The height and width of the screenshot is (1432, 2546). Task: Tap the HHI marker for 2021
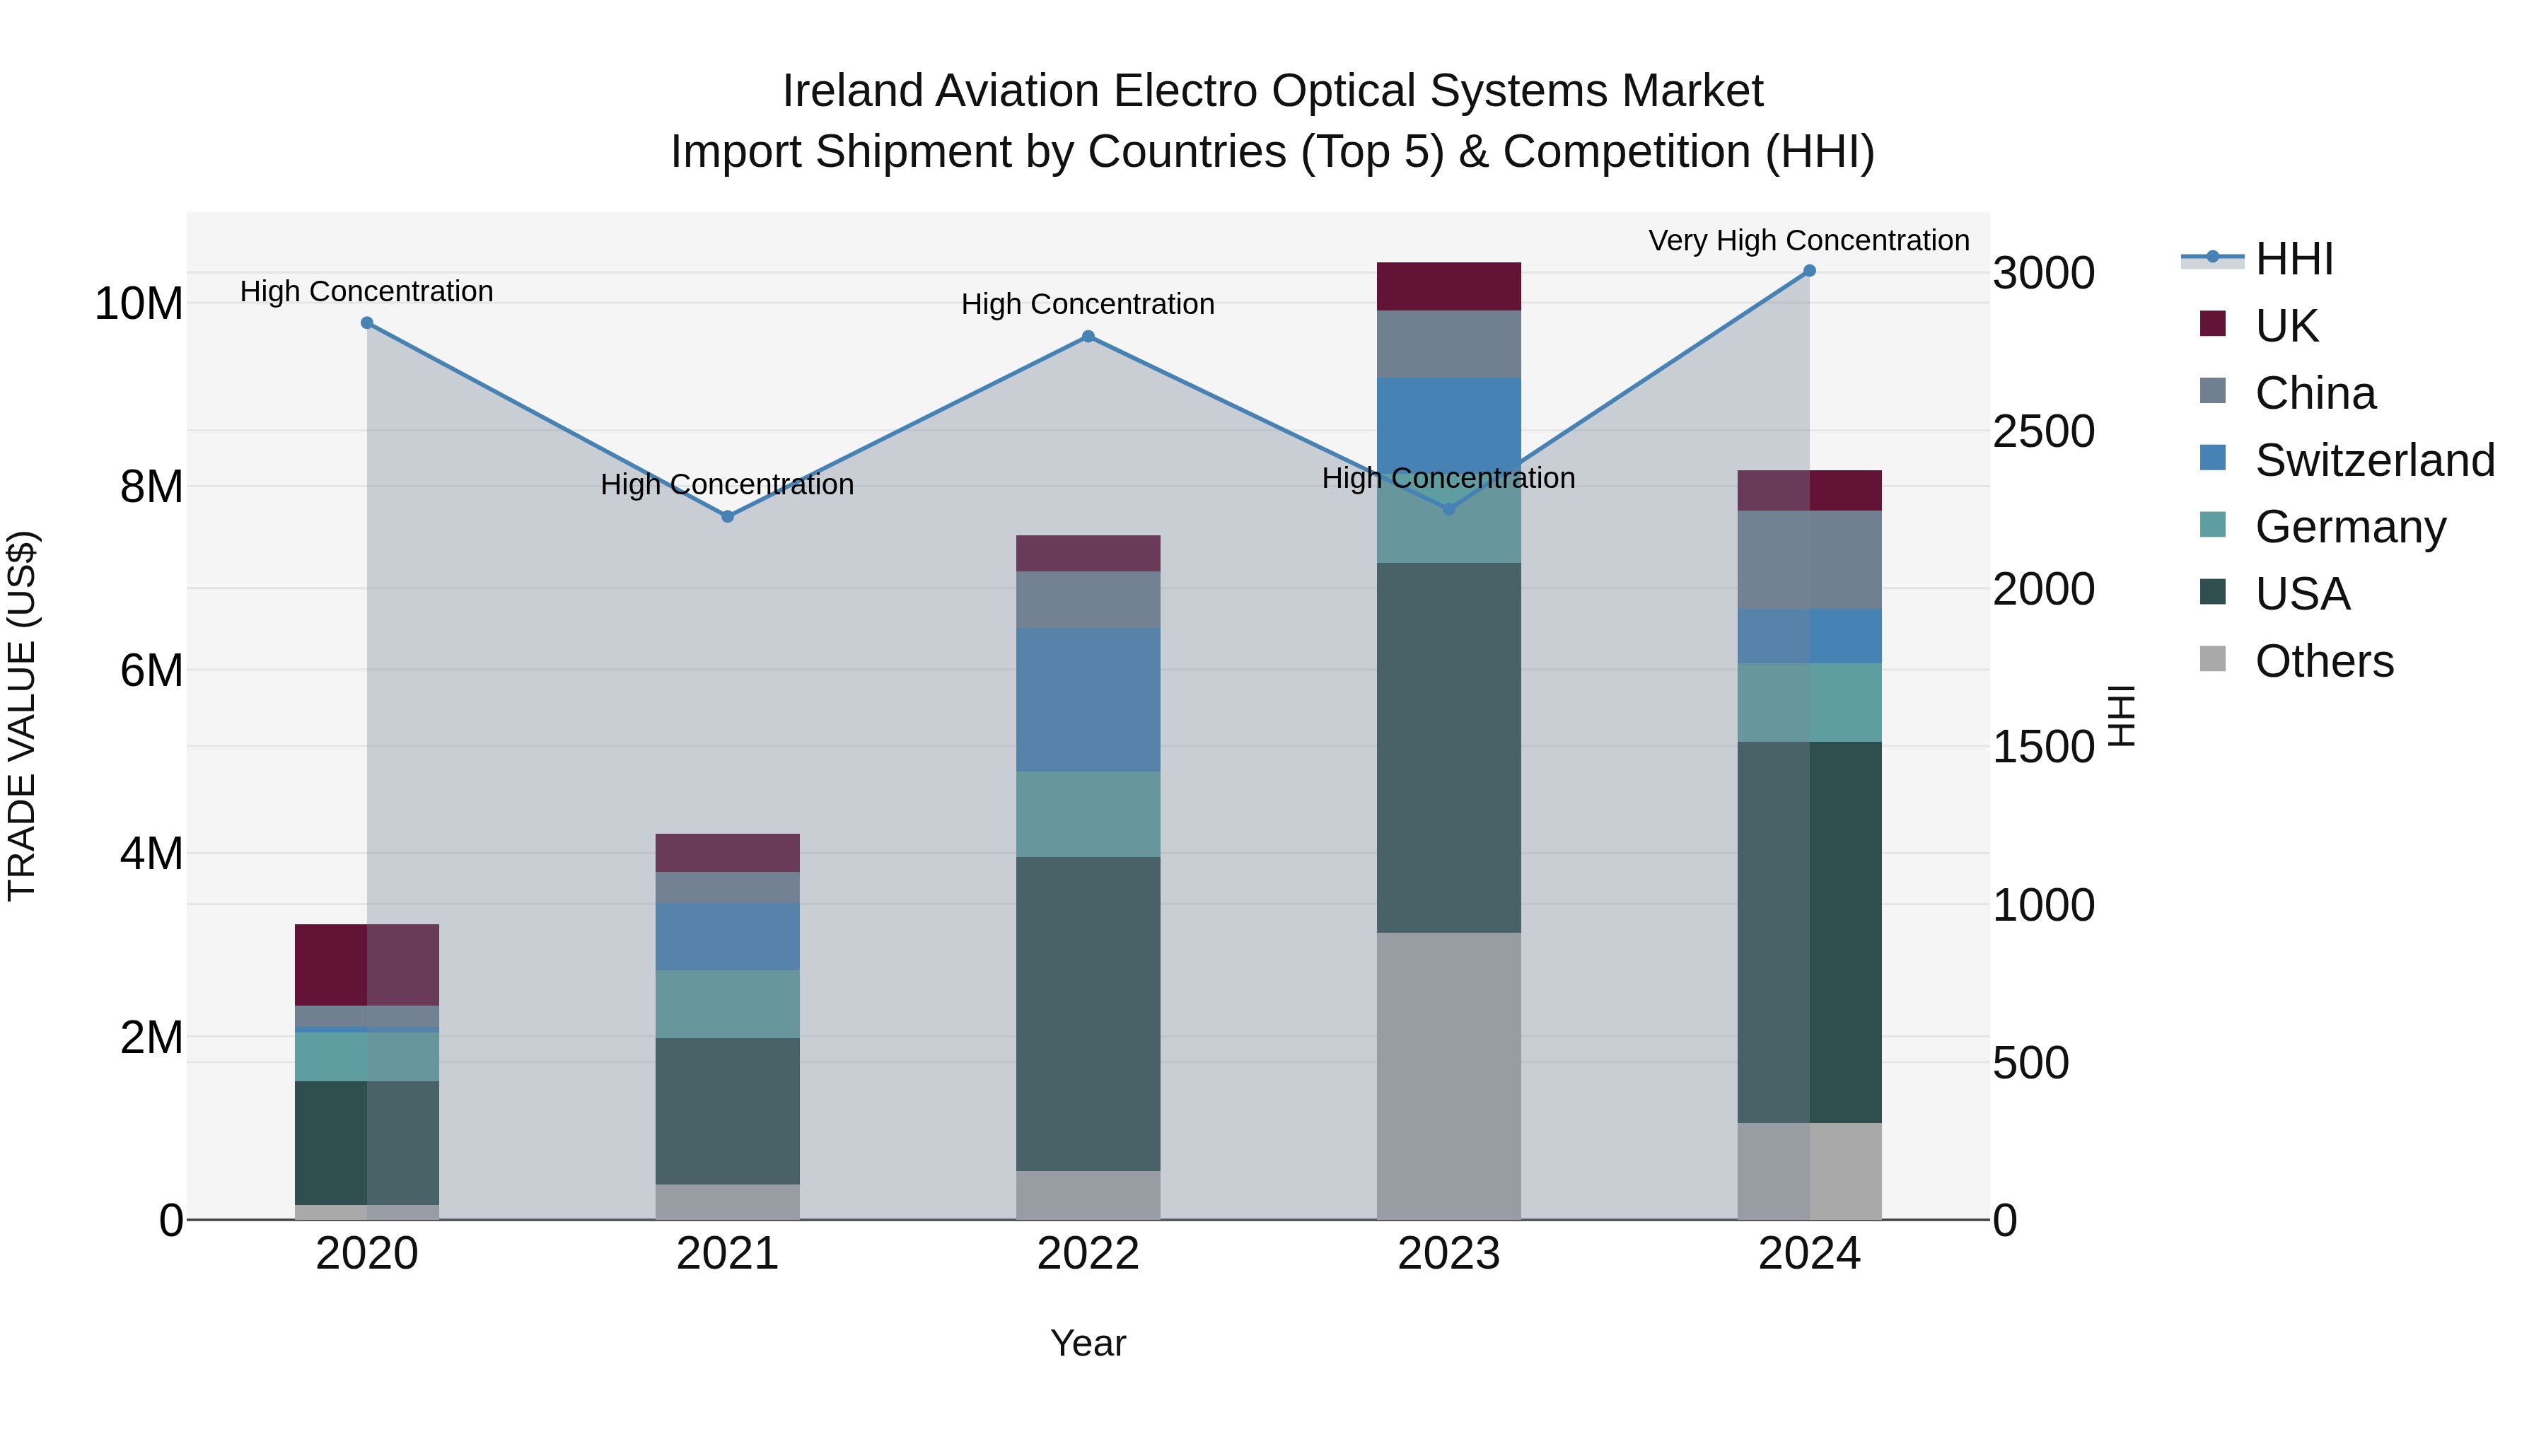click(728, 517)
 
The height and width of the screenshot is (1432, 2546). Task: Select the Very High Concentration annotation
click(1808, 240)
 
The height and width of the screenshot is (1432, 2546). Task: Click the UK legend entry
click(2285, 326)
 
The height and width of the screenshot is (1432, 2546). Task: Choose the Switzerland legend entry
click(2374, 460)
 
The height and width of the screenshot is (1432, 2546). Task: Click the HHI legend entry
click(2293, 259)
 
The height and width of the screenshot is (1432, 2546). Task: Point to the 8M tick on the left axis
click(151, 487)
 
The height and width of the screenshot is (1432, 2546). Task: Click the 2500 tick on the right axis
click(2043, 432)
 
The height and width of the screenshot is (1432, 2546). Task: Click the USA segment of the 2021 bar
click(728, 1111)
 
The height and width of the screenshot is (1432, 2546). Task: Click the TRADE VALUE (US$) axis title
click(22, 716)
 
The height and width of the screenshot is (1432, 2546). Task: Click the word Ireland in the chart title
click(852, 92)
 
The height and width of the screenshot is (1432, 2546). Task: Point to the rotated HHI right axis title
click(2121, 716)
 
